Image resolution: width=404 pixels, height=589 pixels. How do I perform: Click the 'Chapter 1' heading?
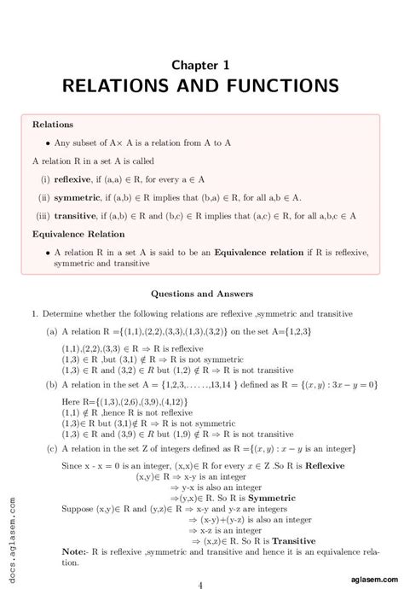[200, 64]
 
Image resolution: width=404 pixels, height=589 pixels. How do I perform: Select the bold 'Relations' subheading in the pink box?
[53, 125]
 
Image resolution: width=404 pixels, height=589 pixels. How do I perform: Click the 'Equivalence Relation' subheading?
[78, 234]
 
